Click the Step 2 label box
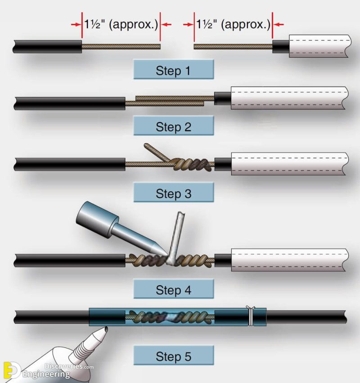coord(173,126)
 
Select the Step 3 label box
coord(173,194)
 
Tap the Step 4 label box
coord(173,290)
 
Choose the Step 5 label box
coord(173,356)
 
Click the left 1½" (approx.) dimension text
coord(121,24)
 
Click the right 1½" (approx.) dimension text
coord(234,24)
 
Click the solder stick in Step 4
coord(176,234)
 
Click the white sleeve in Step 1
coord(317,46)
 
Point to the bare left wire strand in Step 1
coord(121,46)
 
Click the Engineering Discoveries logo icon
coord(10,369)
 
